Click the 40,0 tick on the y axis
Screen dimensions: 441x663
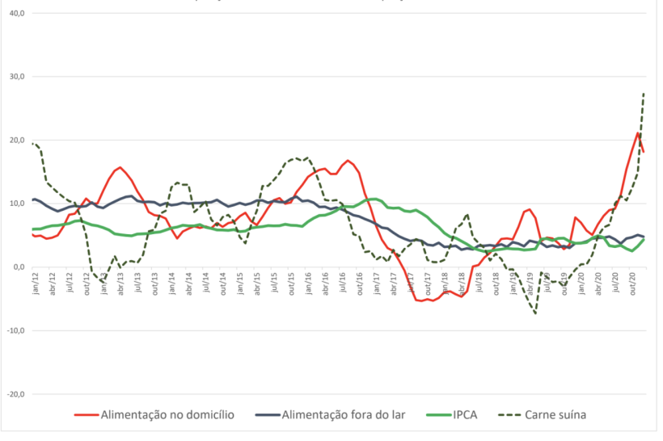16,14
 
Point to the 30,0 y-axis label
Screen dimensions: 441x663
16,77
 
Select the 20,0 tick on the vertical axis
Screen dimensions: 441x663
16,141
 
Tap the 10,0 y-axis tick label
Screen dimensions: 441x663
16,204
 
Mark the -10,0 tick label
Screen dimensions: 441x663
15,330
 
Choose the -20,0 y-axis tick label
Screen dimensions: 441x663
15,394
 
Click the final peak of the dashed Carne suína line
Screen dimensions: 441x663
644,94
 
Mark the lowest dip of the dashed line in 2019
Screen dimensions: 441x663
535,313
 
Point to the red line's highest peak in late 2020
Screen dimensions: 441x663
638,132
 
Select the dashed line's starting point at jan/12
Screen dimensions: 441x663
33,144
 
